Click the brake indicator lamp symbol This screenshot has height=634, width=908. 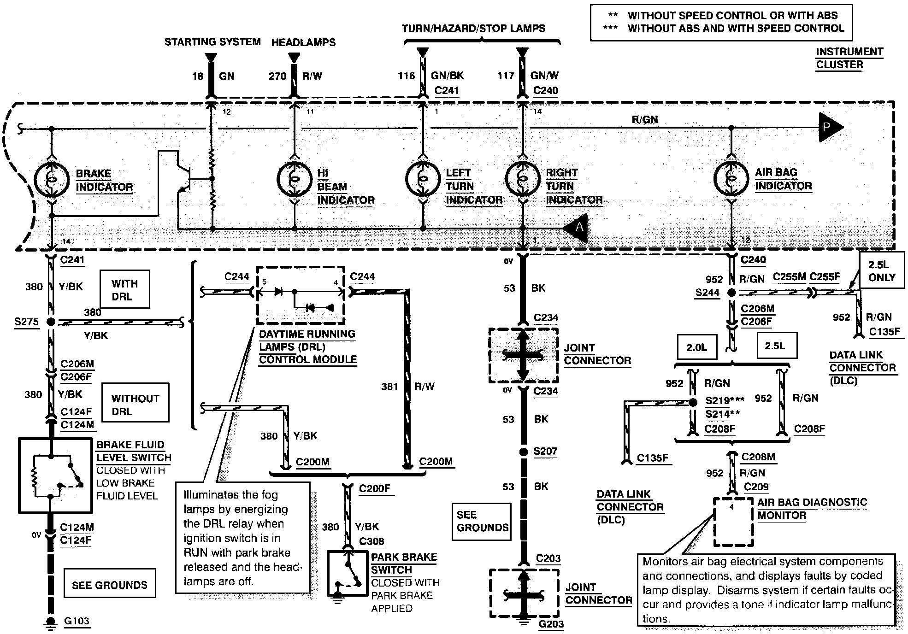click(52, 180)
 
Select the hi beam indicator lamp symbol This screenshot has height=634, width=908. click(295, 179)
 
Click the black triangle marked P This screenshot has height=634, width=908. click(830, 127)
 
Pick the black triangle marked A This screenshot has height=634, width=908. click(576, 228)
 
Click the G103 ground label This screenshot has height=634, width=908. click(77, 621)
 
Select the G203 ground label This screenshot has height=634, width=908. click(551, 624)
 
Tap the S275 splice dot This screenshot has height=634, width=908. click(51, 322)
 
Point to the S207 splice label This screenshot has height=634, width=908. click(545, 451)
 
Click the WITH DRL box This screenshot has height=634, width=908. click(124, 289)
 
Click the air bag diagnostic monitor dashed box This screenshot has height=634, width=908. click(733, 521)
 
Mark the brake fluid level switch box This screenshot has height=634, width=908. click(55, 475)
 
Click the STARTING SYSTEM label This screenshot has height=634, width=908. click(212, 42)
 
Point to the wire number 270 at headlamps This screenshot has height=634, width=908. click(277, 76)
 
